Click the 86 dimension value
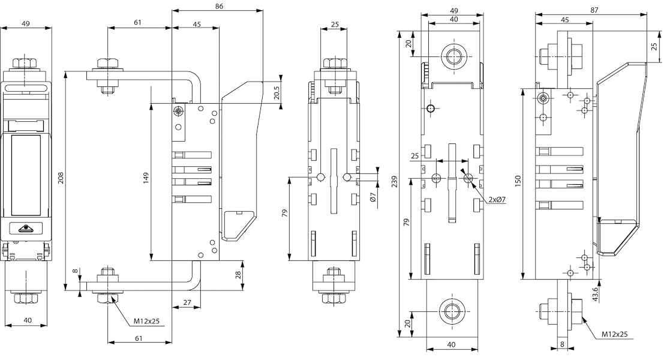point(218,6)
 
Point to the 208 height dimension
point(59,178)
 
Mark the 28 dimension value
point(238,275)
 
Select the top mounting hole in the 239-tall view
point(453,57)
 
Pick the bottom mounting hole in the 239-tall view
point(453,311)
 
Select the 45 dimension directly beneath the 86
point(197,23)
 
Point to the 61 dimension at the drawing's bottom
point(139,338)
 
